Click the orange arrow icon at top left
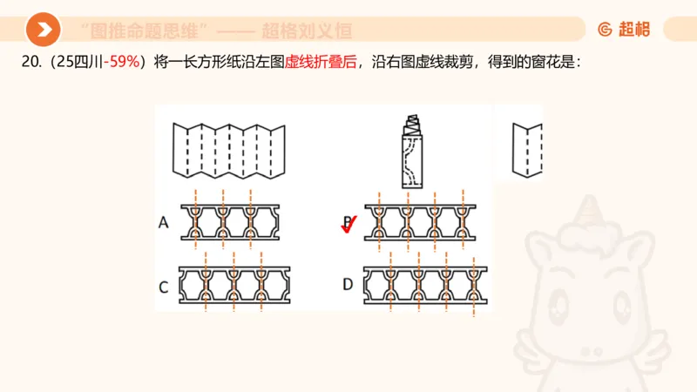43,30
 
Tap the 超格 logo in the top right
624,30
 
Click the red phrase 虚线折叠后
321,62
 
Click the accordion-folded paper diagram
229,147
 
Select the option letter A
163,223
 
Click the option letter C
163,285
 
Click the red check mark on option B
348,225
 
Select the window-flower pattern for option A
230,223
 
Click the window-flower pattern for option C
232,284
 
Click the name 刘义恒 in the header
330,31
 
